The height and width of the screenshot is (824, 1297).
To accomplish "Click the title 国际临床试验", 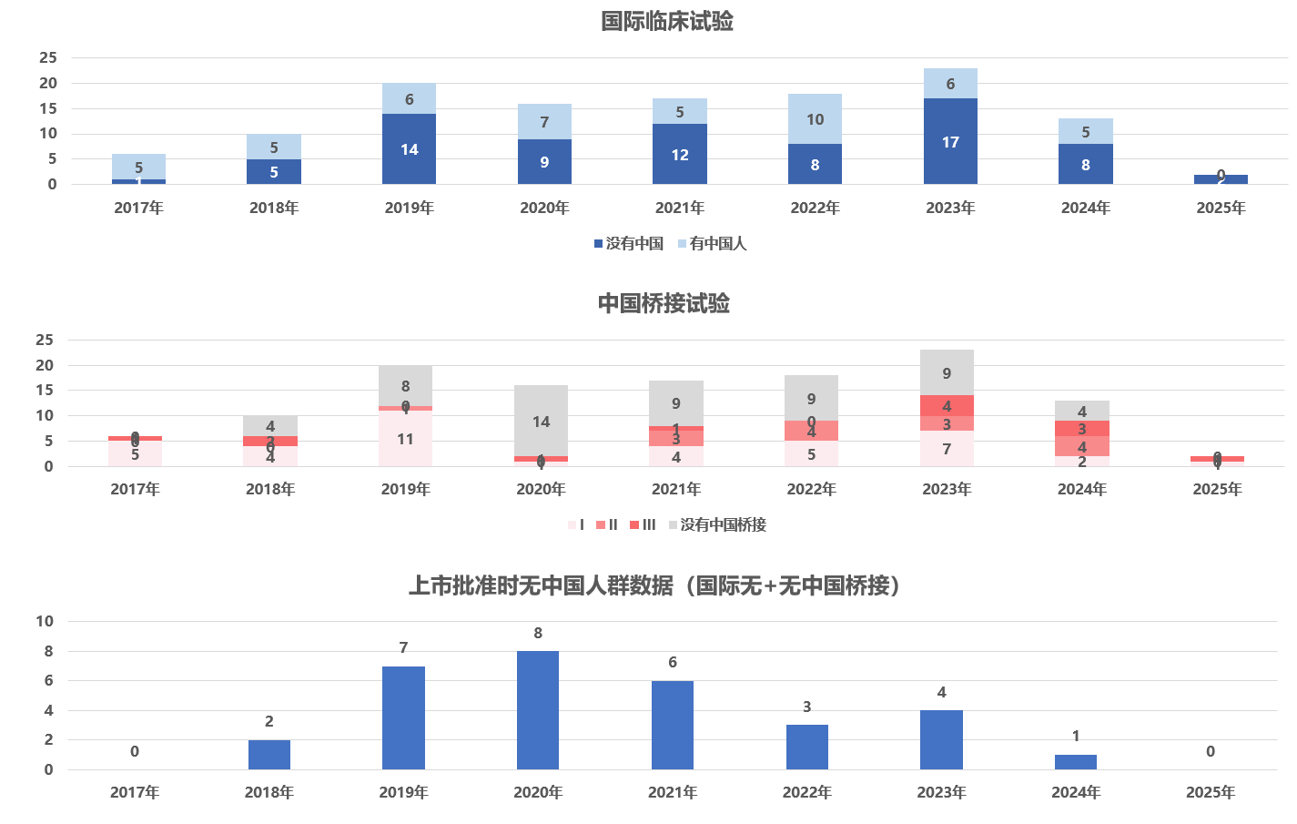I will tap(667, 21).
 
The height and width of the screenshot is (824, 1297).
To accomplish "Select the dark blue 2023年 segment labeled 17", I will tap(950, 142).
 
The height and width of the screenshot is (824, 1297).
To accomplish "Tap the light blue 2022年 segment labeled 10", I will tap(815, 119).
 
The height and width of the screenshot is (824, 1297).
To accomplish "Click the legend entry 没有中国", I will tap(629, 243).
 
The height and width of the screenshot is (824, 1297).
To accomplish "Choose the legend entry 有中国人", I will tap(713, 243).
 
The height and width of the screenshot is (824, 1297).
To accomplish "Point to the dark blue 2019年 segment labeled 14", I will tap(409, 149).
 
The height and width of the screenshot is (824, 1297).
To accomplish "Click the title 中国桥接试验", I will tap(664, 303).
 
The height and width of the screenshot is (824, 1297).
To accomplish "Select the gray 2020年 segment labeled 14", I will tap(541, 421).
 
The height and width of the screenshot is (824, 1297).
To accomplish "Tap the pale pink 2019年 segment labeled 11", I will tap(405, 439).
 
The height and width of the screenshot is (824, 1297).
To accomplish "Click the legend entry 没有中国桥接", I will tap(718, 524).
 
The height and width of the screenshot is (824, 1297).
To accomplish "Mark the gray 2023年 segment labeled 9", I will tap(947, 372).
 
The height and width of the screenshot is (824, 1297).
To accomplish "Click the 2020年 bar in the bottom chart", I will tap(538, 710).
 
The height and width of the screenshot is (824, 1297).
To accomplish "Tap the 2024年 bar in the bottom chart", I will tap(1076, 762).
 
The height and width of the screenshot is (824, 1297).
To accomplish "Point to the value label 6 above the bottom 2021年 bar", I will tap(673, 662).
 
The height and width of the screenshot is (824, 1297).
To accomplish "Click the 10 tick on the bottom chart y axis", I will tap(45, 621).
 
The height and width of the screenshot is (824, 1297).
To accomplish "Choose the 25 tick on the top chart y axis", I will tap(48, 57).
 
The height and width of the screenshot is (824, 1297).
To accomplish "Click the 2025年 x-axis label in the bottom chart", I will tap(1210, 792).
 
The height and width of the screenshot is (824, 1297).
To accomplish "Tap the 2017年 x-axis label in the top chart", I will tap(138, 208).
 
